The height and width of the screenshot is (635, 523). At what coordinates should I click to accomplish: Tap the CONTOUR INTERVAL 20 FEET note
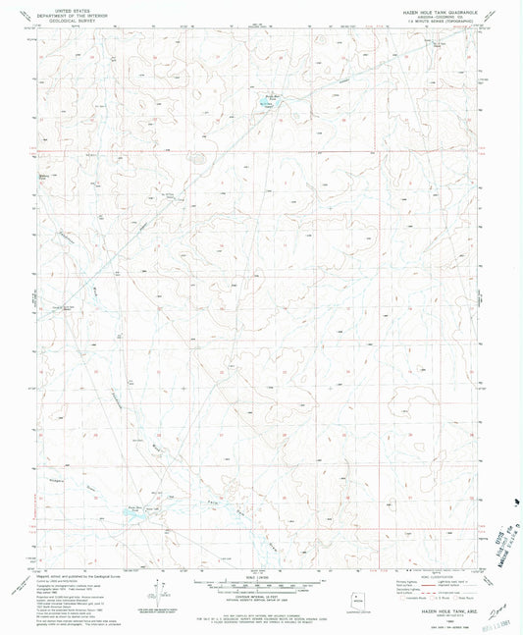261,589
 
